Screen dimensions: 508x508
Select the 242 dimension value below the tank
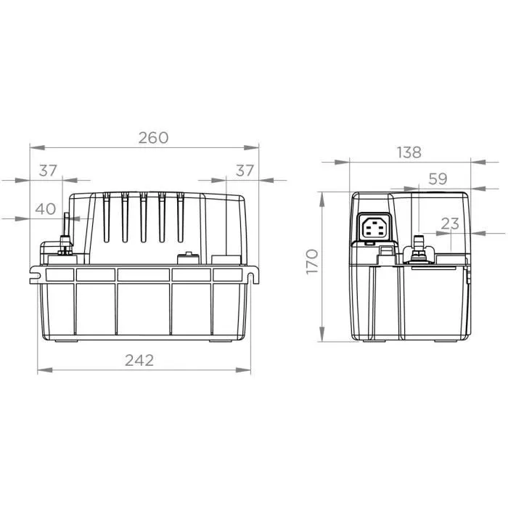tap(139, 361)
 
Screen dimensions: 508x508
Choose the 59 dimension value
tap(437, 179)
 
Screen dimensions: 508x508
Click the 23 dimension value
tap(450, 224)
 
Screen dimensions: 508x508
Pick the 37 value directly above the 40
tap(48, 171)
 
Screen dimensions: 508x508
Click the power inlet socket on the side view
tap(376, 228)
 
